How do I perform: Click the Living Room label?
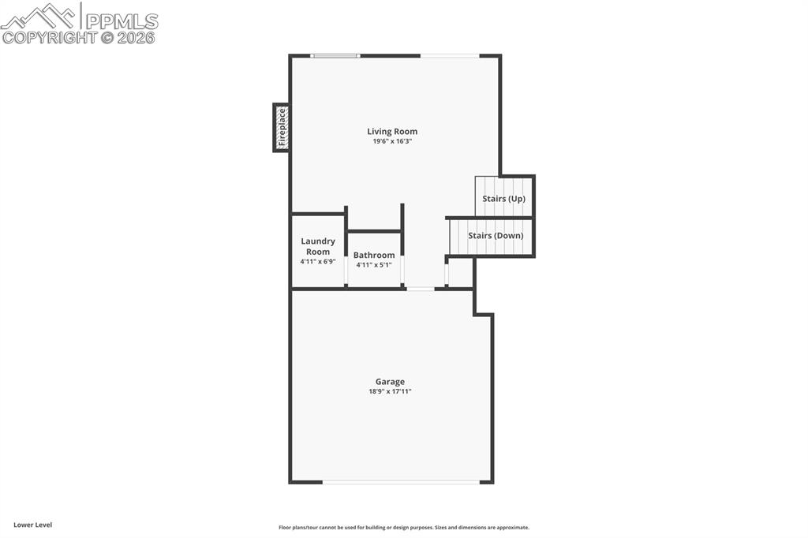coord(392,132)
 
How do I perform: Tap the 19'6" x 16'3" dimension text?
coord(392,141)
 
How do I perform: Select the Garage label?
coord(390,382)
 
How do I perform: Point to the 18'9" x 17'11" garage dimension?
coord(390,391)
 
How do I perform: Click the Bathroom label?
coord(374,255)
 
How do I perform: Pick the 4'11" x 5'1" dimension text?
coord(374,265)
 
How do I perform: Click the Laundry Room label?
coord(318,246)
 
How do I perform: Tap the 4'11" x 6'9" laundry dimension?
coord(318,261)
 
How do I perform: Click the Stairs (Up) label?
coord(504,199)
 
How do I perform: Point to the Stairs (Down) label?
coord(496,236)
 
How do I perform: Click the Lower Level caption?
coord(33,525)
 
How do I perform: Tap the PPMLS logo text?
coord(122,21)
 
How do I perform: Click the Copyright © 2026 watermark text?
coord(78,38)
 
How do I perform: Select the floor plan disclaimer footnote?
coord(404,528)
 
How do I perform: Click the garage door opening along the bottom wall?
coord(402,482)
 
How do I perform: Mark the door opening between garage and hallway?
coord(421,289)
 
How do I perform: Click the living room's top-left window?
coord(335,56)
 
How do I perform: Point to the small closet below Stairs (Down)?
coord(460,272)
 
